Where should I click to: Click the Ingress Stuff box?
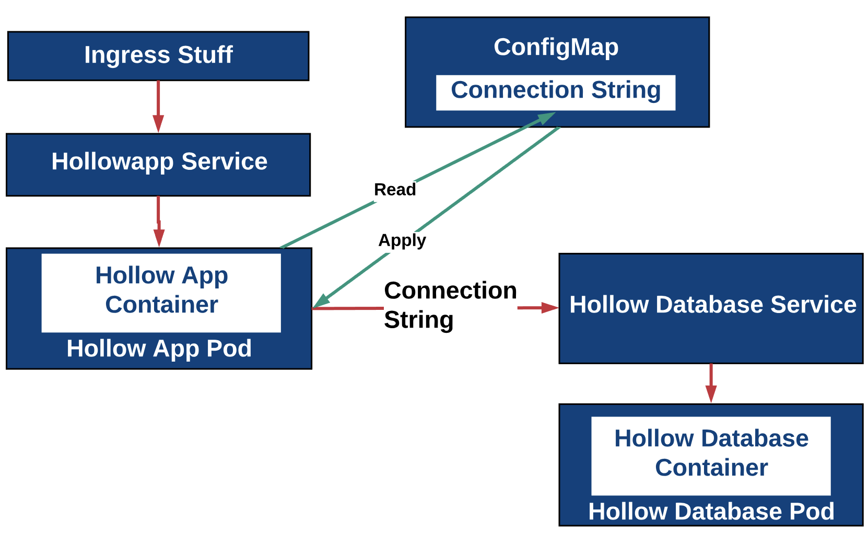coord(158,56)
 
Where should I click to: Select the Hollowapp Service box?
coord(158,165)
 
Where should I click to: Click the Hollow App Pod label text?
coord(159,349)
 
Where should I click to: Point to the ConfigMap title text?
coord(556,47)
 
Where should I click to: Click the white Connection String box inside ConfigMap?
coord(556,92)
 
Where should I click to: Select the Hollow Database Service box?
coord(711,308)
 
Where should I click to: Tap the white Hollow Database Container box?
coord(711,455)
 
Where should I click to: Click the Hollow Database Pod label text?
coord(711,511)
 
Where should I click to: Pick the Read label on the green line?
coord(395,190)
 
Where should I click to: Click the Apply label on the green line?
coord(402,240)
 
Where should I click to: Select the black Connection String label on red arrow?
coord(450,305)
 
